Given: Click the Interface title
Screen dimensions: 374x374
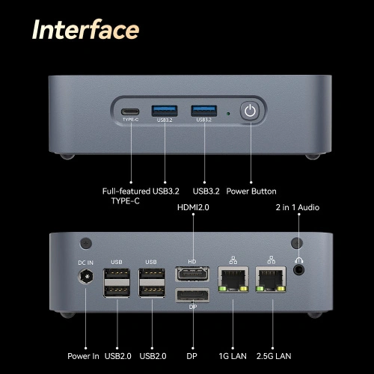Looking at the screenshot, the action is pos(85,30).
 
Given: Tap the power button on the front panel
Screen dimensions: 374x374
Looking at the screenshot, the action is pos(250,111).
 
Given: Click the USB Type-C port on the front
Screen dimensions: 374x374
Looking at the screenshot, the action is pos(130,111).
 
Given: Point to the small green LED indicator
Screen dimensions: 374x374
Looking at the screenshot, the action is pos(228,114).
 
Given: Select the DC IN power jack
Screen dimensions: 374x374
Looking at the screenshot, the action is pos(86,276).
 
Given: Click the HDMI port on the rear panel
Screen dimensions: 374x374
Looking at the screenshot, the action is pos(192,274).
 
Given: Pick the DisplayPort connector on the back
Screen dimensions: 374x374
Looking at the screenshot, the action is pos(192,295).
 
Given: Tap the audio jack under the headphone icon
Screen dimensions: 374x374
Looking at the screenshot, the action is pos(298,270).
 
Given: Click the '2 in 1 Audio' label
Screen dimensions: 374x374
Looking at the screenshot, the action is pos(298,207).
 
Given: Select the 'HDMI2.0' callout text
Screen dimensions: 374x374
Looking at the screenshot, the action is pos(193,207).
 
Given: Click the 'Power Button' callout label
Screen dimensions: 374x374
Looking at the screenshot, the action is pos(251,191).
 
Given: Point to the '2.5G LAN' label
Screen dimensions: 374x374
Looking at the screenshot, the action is pos(274,356).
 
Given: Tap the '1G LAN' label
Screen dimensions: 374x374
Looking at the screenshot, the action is pos(233,356).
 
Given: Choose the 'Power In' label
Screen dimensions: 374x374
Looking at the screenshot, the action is pos(83,356).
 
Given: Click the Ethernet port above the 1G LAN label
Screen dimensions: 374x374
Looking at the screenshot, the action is pos(233,279).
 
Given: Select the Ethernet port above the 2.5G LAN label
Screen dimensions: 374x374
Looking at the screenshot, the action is pos(271,279).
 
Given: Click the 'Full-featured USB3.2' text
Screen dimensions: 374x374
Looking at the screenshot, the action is pos(141,191).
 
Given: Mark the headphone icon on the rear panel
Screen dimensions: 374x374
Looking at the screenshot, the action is pos(298,260).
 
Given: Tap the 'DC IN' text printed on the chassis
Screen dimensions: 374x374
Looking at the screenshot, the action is pos(85,263).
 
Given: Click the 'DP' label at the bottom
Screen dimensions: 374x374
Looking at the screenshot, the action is pos(191,356).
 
